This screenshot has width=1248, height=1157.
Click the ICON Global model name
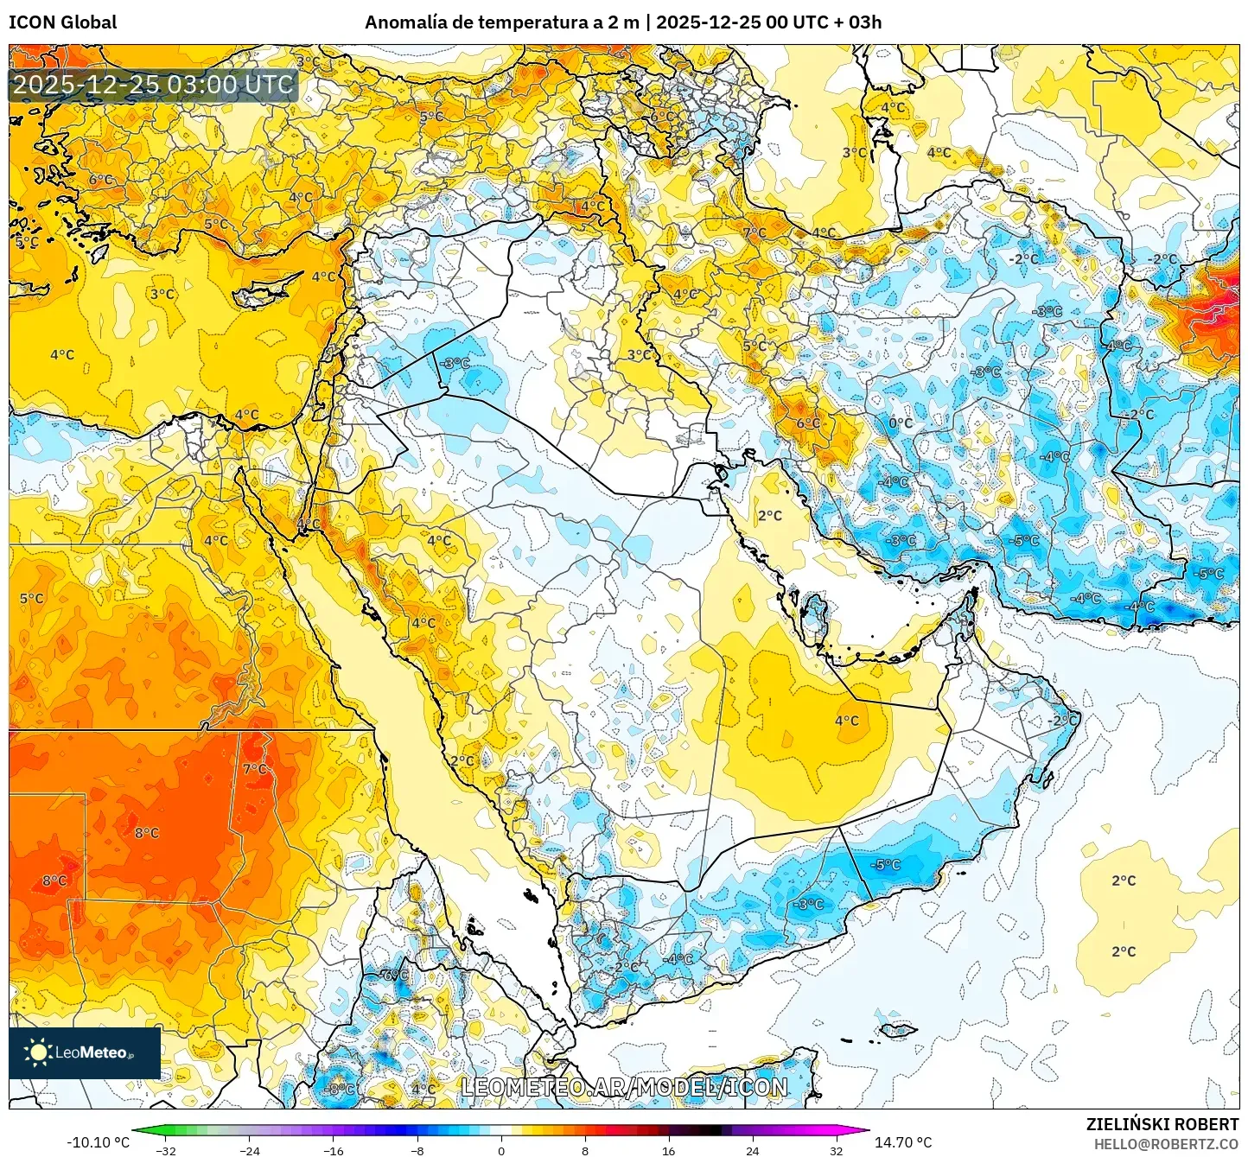click(62, 22)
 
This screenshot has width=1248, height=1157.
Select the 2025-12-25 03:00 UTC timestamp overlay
click(153, 85)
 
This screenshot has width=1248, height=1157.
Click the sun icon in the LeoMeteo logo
click(38, 1052)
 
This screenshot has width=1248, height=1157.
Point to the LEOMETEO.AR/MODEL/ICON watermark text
click(624, 1087)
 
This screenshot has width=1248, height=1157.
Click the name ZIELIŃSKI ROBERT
click(1162, 1124)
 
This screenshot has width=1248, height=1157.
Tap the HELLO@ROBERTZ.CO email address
click(1166, 1144)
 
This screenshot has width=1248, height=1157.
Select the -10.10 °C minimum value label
click(98, 1142)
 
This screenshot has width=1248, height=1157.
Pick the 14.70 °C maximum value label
click(903, 1142)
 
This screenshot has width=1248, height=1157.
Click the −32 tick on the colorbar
click(166, 1150)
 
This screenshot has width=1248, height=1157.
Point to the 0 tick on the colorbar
click(501, 1150)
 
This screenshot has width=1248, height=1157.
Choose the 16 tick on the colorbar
click(668, 1150)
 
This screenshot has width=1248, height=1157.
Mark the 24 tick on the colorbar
click(752, 1150)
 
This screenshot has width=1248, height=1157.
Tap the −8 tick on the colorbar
click(417, 1150)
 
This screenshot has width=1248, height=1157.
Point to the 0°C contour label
click(901, 423)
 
